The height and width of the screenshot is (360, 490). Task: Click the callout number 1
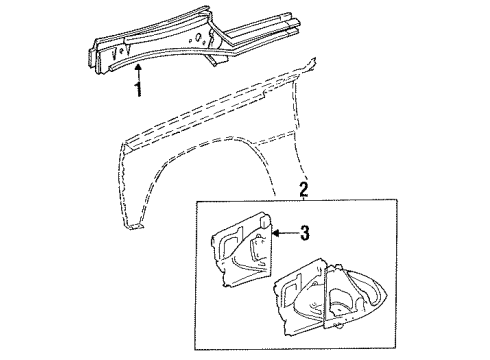coord(139,89)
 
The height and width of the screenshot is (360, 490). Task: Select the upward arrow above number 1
coord(139,69)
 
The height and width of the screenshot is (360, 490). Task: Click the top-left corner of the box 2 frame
coord(196,203)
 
